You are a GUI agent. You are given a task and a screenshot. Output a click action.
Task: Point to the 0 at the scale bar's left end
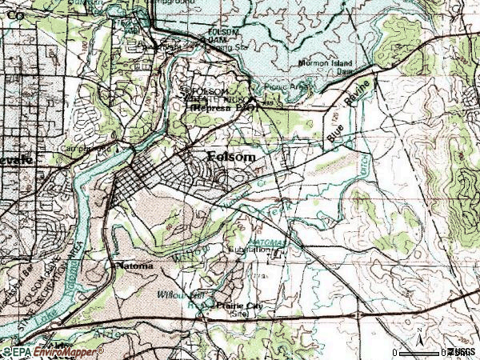394,353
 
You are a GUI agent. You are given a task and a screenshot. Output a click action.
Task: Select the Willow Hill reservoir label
199,294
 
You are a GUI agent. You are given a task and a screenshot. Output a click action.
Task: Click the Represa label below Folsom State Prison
216,105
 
